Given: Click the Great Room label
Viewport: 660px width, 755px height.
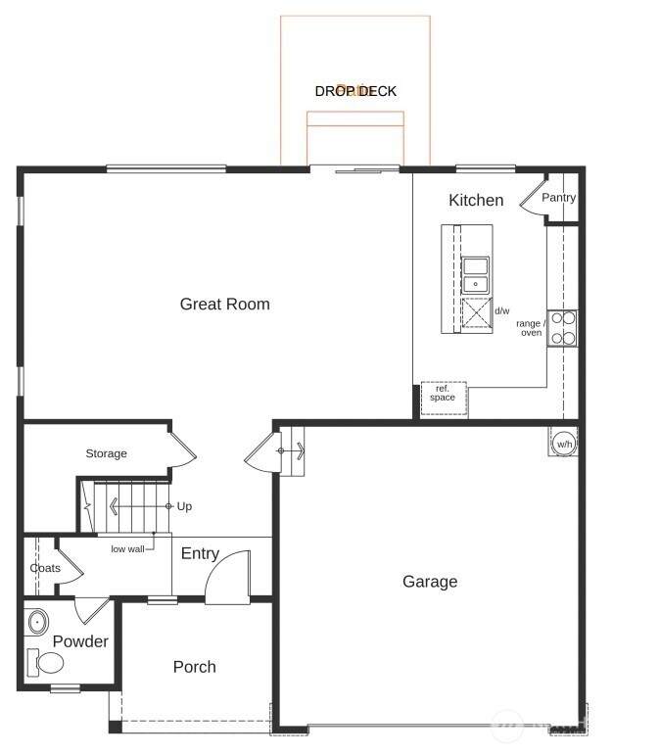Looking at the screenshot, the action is (225, 304).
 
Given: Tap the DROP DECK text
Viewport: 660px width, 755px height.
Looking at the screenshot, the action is (355, 91).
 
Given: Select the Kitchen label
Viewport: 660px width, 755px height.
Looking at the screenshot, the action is (476, 200).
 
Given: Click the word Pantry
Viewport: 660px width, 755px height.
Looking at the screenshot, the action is (558, 198).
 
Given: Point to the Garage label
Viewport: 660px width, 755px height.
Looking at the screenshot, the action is (430, 581).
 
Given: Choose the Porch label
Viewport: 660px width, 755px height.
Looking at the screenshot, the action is (195, 667).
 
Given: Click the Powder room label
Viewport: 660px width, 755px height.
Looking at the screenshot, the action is (80, 641).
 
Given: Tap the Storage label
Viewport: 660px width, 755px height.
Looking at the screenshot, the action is (107, 453).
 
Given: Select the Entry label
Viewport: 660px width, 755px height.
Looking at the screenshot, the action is (201, 553).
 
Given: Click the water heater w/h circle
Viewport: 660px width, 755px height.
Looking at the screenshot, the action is (564, 444).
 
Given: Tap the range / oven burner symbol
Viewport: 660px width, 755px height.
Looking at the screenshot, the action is (563, 328).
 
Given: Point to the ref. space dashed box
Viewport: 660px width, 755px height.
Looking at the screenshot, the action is (444, 398).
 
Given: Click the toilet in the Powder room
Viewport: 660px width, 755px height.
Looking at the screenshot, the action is (46, 663).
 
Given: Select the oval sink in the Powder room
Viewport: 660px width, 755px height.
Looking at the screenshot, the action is (37, 622).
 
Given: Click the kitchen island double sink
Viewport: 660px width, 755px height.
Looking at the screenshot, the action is (476, 275).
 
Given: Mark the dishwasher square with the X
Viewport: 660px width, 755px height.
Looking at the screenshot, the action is (477, 312).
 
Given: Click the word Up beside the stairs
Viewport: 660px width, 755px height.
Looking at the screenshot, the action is (184, 506).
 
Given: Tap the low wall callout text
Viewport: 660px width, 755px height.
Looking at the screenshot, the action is (127, 549).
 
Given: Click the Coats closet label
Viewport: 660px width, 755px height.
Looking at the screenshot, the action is (45, 568).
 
